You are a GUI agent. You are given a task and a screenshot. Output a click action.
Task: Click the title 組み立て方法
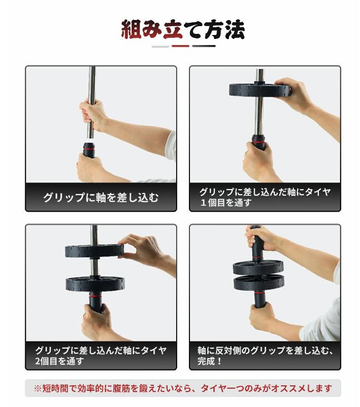[183, 29]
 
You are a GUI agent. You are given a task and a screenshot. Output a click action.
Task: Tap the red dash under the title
[181, 46]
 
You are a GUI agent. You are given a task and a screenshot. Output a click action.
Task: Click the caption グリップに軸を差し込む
[101, 197]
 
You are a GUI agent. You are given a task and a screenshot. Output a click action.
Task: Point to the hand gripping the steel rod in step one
[92, 114]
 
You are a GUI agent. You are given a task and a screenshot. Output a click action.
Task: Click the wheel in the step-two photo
[260, 89]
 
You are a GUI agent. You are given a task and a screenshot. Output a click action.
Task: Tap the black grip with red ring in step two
[258, 142]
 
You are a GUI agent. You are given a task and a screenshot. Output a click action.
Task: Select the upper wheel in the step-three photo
[94, 250]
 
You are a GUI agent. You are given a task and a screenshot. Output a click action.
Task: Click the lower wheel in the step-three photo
[95, 284]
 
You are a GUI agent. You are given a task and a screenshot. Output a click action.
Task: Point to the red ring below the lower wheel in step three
[96, 295]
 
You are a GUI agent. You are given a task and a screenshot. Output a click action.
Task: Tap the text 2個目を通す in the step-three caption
[59, 361]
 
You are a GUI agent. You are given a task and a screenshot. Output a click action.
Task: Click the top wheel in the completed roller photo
[258, 268]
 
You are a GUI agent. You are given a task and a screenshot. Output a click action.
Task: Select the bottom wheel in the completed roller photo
[258, 284]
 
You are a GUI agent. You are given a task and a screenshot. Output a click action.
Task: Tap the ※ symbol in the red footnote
[38, 388]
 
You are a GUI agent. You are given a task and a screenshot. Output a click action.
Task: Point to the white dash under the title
[160, 46]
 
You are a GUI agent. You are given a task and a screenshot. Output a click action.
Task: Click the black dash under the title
[204, 46]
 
